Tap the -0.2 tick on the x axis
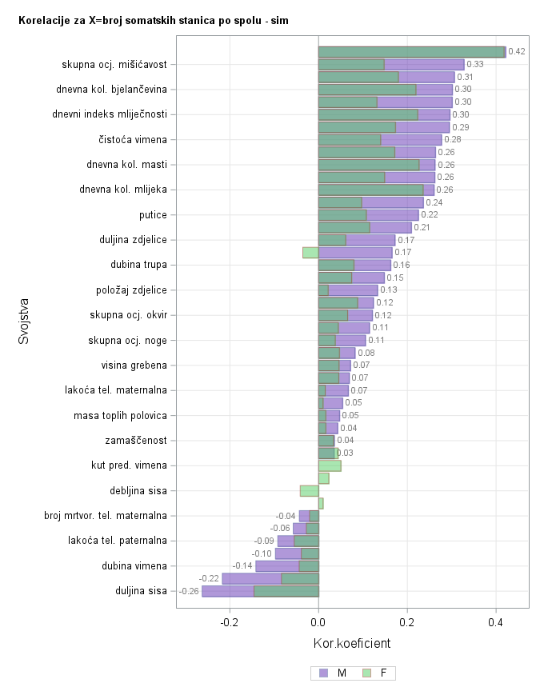[x=230, y=621]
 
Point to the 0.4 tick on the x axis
[x=496, y=621]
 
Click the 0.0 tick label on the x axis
[x=318, y=621]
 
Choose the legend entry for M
[x=334, y=673]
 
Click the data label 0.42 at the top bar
[x=517, y=52]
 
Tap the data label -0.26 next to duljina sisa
[x=189, y=591]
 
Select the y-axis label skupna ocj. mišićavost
[x=114, y=64]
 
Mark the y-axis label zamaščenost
[x=136, y=441]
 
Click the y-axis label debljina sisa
[x=138, y=491]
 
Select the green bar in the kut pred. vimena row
[x=330, y=465]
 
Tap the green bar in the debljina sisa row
[x=309, y=491]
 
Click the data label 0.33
[x=475, y=64]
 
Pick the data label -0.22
[x=209, y=578]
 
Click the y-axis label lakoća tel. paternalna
[x=118, y=541]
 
